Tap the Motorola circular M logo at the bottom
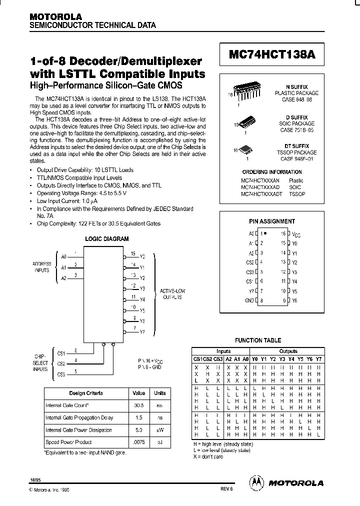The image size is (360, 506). pyautogui.click(x=256, y=482)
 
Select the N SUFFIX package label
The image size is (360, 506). pyautogui.click(x=296, y=87)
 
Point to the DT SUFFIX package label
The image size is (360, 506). pyautogui.click(x=296, y=146)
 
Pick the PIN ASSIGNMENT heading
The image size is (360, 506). pyautogui.click(x=272, y=221)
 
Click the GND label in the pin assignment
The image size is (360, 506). pyautogui.click(x=248, y=300)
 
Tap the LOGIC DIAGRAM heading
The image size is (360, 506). pyautogui.click(x=106, y=239)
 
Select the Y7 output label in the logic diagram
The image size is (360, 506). pyautogui.click(x=142, y=332)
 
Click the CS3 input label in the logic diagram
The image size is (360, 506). pyautogui.click(x=61, y=374)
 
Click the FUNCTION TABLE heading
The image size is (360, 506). pyautogui.click(x=258, y=340)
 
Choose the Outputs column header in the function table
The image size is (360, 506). pyautogui.click(x=288, y=351)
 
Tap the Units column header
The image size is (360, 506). pyautogui.click(x=159, y=393)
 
